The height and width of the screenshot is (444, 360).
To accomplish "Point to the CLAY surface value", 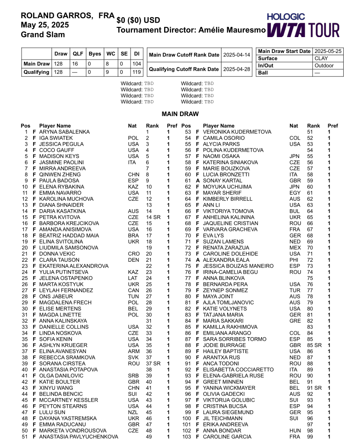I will pyautogui.click(x=321, y=58).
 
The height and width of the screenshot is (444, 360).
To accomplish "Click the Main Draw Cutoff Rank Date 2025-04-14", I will pyautogui.click(x=237, y=55).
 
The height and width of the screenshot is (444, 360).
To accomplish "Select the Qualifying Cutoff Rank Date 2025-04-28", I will pyautogui.click(x=237, y=69).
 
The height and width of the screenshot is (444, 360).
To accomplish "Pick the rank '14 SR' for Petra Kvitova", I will pyautogui.click(x=153, y=217).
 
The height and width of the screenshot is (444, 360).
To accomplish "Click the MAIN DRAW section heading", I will pyautogui.click(x=180, y=114).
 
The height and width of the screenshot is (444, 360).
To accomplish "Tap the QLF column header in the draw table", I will pyautogui.click(x=78, y=54).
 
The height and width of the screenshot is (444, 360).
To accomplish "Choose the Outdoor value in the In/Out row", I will pyautogui.click(x=324, y=65).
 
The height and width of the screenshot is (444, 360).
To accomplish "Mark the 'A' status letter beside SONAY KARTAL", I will pyautogui.click(x=198, y=181).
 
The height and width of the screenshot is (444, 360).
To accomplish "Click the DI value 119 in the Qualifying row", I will pyautogui.click(x=137, y=72).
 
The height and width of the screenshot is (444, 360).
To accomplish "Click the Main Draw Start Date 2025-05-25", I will pyautogui.click(x=327, y=51).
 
